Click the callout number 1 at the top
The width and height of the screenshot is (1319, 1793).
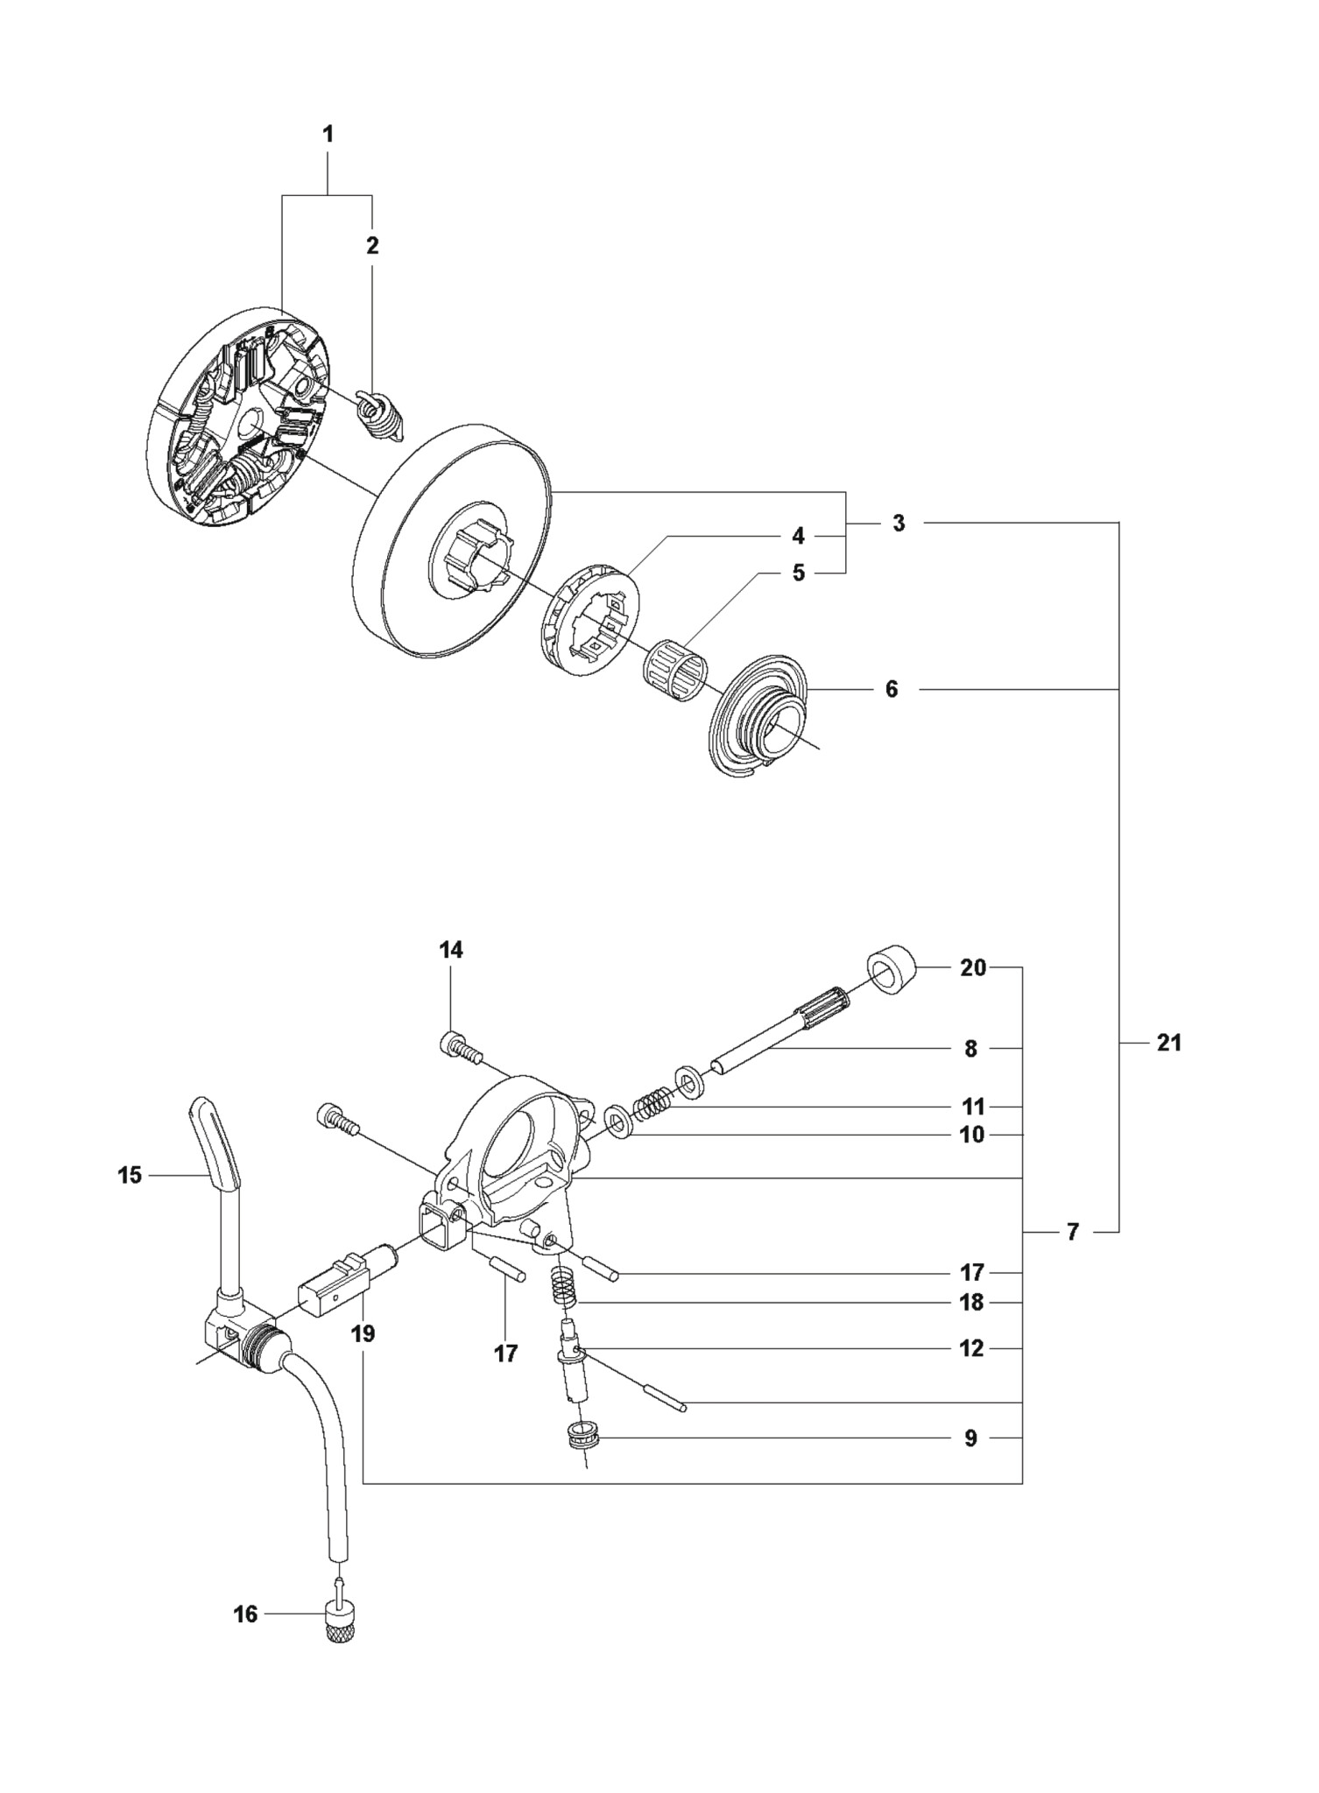328,135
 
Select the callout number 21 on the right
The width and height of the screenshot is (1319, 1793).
1169,1043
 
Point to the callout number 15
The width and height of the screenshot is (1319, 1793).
130,1175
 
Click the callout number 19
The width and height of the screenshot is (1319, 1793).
363,1333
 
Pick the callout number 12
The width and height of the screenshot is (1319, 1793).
972,1348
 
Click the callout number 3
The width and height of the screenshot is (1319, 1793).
899,524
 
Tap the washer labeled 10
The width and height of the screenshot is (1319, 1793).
619,1120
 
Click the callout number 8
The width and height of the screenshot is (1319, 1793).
970,1048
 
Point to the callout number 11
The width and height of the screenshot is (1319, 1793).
973,1106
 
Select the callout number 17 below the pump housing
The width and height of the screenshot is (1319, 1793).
505,1354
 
